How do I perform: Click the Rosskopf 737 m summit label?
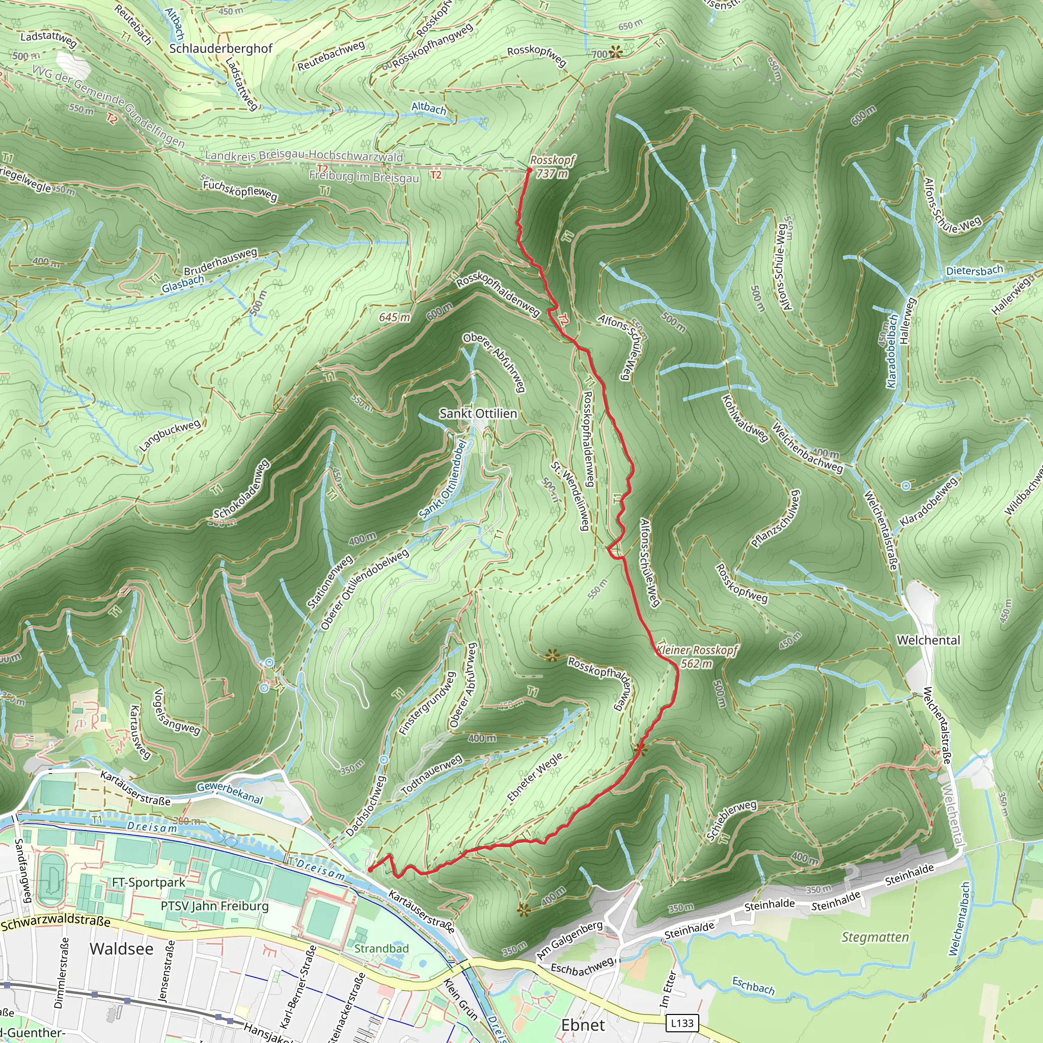click(x=552, y=166)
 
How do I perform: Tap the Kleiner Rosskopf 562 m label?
click(x=696, y=656)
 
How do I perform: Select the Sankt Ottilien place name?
click(x=478, y=414)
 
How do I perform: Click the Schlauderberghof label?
click(x=221, y=48)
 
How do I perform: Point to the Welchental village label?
click(x=928, y=640)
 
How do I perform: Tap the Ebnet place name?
click(x=583, y=1025)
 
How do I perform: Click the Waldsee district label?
click(x=122, y=948)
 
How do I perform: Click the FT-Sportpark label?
click(x=149, y=882)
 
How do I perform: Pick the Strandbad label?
click(x=381, y=948)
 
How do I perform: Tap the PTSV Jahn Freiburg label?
click(x=214, y=906)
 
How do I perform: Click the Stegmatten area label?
click(x=875, y=937)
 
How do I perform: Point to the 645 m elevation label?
click(x=394, y=317)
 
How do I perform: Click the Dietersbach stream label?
click(x=974, y=270)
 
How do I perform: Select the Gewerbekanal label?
click(x=230, y=792)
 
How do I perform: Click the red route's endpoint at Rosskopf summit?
click(x=529, y=170)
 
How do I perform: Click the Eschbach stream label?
click(x=753, y=985)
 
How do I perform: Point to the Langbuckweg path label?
click(x=170, y=435)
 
